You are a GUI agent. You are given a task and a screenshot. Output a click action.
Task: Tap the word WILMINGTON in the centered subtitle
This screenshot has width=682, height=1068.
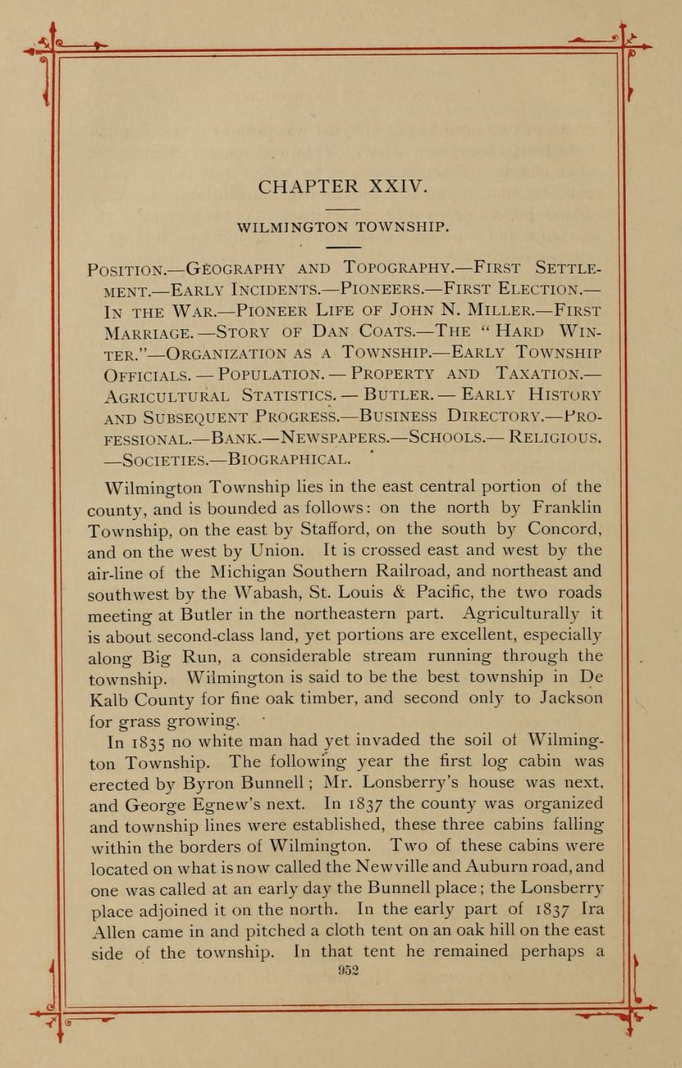pyautogui.click(x=292, y=227)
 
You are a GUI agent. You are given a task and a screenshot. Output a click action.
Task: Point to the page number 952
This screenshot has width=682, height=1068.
pyautogui.click(x=348, y=970)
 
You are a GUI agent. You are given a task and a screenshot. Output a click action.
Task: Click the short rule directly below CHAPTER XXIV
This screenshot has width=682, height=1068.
pyautogui.click(x=343, y=208)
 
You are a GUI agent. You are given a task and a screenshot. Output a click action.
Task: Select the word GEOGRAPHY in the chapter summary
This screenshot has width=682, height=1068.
pyautogui.click(x=236, y=268)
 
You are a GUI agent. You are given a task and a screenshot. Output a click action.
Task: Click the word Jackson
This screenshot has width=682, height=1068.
pyautogui.click(x=572, y=698)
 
